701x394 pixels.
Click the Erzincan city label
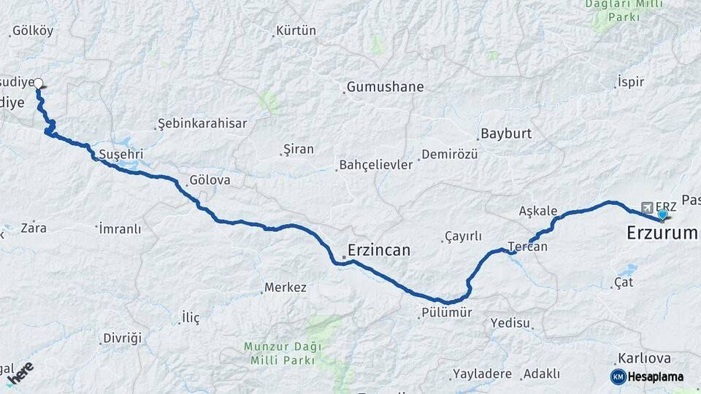coord(378,250)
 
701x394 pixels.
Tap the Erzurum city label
coord(662,233)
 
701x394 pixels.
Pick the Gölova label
coord(210,179)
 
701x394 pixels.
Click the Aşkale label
coord(538,211)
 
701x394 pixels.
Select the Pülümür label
coord(446,313)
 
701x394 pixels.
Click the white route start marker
coord(38,83)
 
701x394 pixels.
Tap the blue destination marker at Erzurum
coord(663,215)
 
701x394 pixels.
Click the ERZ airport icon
coord(646,206)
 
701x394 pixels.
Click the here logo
coord(20,373)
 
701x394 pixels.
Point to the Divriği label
coord(122,338)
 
